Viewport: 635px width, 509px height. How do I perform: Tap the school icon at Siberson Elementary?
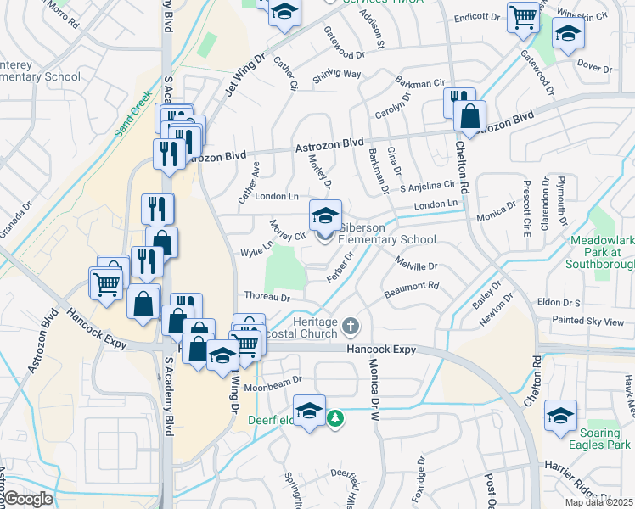pyautogui.click(x=324, y=215)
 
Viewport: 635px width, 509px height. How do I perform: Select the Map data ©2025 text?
pyautogui.click(x=598, y=502)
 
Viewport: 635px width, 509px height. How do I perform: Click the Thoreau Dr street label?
pyautogui.click(x=267, y=298)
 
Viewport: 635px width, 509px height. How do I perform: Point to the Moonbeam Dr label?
pyautogui.click(x=273, y=381)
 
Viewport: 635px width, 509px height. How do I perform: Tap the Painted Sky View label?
pyautogui.click(x=587, y=322)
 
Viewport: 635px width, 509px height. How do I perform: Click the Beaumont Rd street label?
pyautogui.click(x=411, y=289)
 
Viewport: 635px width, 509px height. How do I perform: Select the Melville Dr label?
pyautogui.click(x=415, y=266)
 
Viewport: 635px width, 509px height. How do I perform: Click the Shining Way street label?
pyautogui.click(x=337, y=74)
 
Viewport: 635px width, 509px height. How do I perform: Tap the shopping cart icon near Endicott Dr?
pyautogui.click(x=523, y=17)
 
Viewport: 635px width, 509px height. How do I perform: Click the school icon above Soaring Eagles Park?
pyautogui.click(x=561, y=415)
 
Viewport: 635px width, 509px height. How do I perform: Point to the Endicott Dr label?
pyautogui.click(x=477, y=16)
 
